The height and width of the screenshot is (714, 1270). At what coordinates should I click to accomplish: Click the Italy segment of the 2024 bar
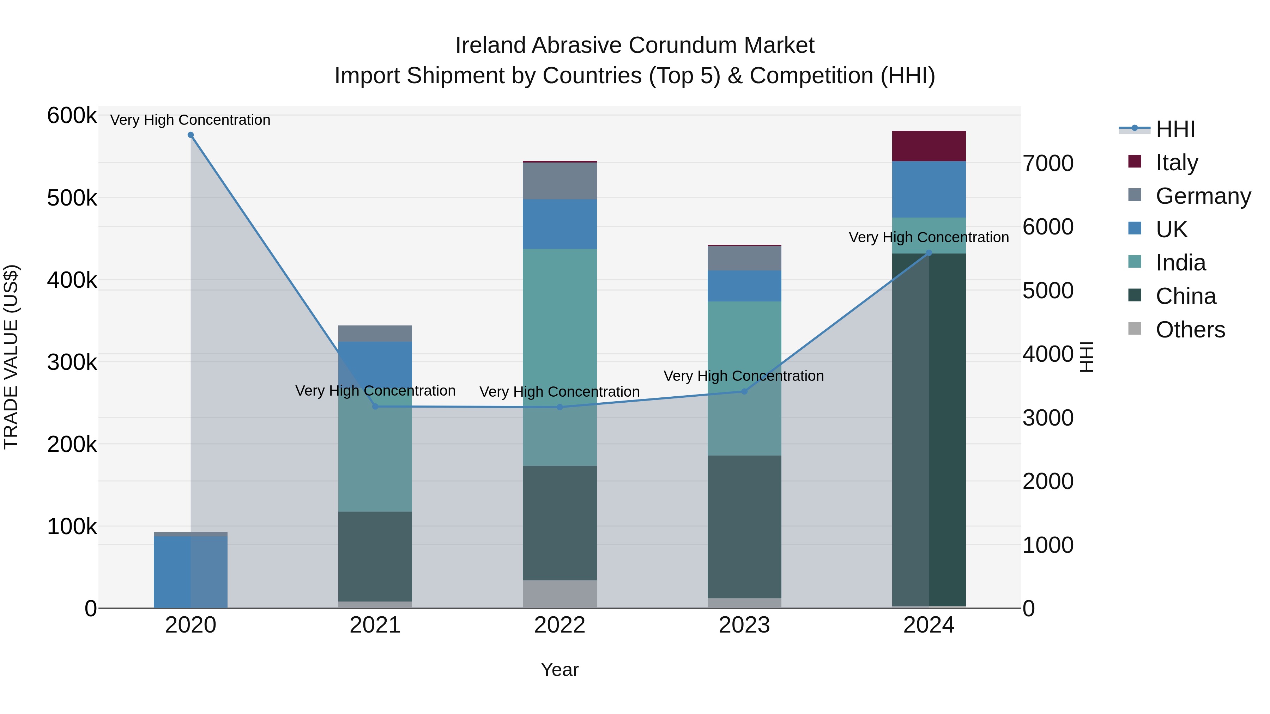929,146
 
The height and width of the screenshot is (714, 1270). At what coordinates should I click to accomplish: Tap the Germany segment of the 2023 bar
744,258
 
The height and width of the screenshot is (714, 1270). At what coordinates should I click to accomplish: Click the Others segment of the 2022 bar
560,594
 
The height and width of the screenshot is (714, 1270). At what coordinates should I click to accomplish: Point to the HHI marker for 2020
191,135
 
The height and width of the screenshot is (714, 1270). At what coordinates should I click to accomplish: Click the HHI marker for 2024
929,253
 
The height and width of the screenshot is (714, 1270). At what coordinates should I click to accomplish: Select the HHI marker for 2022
560,407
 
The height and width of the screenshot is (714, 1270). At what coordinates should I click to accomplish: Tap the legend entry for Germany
1203,196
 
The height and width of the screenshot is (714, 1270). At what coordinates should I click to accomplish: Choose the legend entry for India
1180,263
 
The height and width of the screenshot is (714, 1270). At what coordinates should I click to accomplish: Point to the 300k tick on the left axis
72,362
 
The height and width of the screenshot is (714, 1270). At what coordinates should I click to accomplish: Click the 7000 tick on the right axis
1048,163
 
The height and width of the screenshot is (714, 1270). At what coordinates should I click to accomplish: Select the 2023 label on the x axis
744,625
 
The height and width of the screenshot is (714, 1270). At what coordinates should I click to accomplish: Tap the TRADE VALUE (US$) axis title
11,357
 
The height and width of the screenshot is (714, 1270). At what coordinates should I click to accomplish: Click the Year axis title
560,670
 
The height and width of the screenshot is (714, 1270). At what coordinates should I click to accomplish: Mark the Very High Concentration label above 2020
190,120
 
